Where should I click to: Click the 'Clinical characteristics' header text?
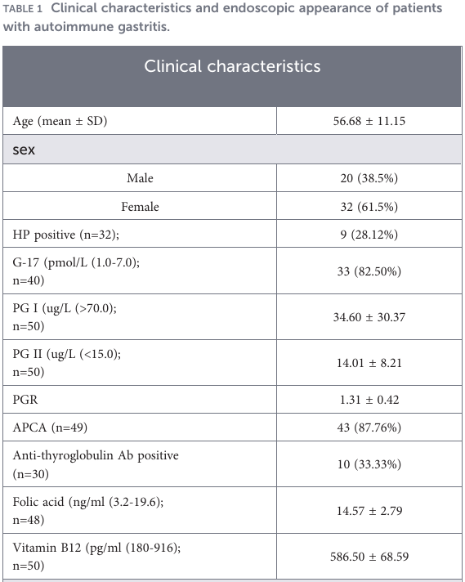pyautogui.click(x=232, y=66)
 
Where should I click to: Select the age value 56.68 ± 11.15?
pyautogui.click(x=369, y=121)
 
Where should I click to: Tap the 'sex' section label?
pyautogui.click(x=24, y=150)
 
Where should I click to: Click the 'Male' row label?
pyautogui.click(x=140, y=178)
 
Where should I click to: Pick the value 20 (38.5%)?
pyautogui.click(x=369, y=178)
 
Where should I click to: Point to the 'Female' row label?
pyautogui.click(x=140, y=207)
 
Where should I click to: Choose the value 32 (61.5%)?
pyautogui.click(x=369, y=207)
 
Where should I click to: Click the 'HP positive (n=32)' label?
pyautogui.click(x=65, y=235)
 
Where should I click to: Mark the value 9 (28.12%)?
pyautogui.click(x=369, y=235)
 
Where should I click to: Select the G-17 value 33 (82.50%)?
pyautogui.click(x=369, y=271)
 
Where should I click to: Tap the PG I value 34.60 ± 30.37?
pyautogui.click(x=369, y=317)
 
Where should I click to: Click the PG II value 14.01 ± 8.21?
pyautogui.click(x=369, y=363)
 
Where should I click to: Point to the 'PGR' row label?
pyautogui.click(x=25, y=400)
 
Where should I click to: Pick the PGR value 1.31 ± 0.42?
pyautogui.click(x=369, y=400)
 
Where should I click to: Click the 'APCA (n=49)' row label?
pyautogui.click(x=50, y=428)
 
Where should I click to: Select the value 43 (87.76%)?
pyautogui.click(x=369, y=428)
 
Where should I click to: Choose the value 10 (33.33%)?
pyautogui.click(x=369, y=464)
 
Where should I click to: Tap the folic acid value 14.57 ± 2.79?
pyautogui.click(x=369, y=511)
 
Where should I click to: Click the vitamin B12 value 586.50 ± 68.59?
pyautogui.click(x=369, y=557)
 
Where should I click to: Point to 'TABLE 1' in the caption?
pyautogui.click(x=23, y=8)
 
